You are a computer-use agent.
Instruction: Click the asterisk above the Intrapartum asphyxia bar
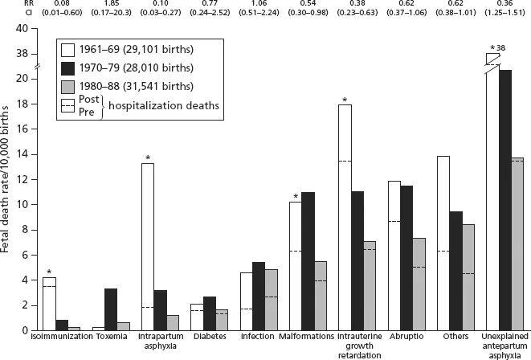(x=147, y=157)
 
